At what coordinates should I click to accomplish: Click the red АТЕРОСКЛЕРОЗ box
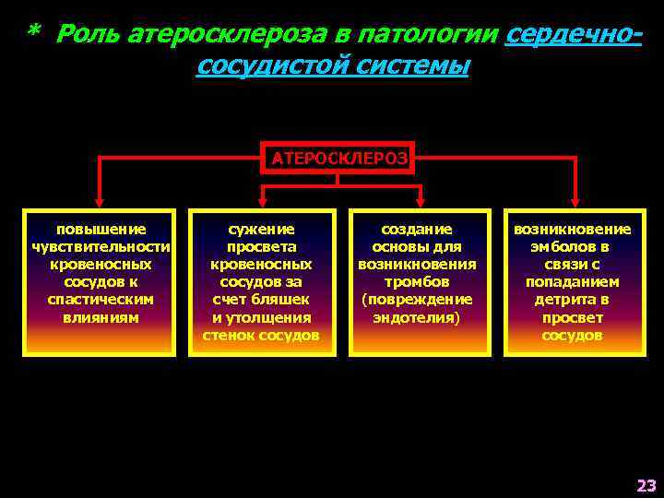click(x=338, y=158)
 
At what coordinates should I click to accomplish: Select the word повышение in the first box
click(x=101, y=229)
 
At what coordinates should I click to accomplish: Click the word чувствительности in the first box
click(x=101, y=246)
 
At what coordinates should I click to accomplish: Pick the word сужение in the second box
click(x=262, y=229)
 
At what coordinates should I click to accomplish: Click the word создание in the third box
click(x=417, y=229)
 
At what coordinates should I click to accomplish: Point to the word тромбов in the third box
click(x=417, y=282)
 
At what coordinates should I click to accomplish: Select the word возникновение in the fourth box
click(x=573, y=229)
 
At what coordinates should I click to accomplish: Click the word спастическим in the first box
click(x=101, y=300)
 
